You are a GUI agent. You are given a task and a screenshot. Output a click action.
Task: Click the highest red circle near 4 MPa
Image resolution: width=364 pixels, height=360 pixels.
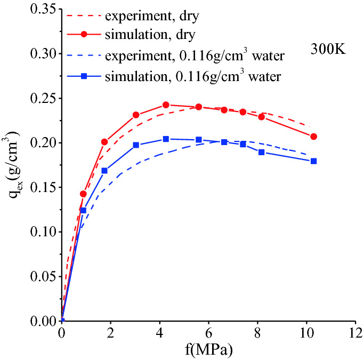[x=166, y=105]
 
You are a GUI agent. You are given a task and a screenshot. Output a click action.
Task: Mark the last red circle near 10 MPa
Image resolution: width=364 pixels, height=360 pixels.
[x=313, y=137]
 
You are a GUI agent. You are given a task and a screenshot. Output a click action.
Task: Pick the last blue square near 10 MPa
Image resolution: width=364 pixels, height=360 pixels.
[x=313, y=161]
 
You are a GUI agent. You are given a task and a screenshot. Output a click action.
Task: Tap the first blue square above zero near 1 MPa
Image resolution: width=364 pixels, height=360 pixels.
[x=83, y=211]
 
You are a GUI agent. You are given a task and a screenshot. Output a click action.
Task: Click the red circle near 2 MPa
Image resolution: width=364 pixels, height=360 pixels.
[x=104, y=142]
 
